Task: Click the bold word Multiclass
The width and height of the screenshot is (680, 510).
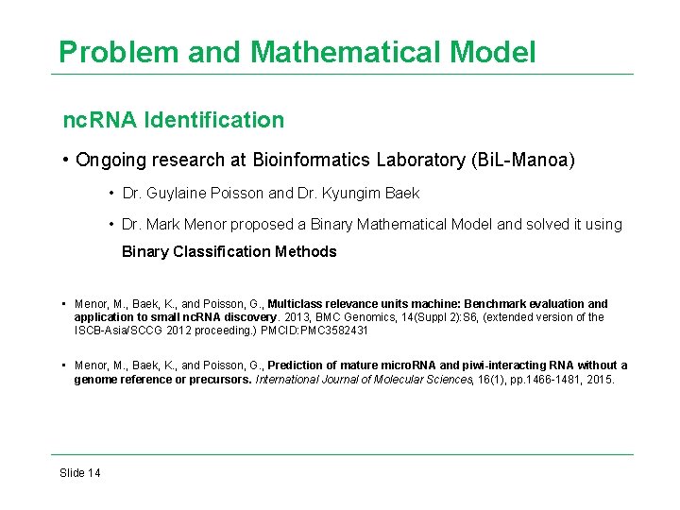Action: [299, 304]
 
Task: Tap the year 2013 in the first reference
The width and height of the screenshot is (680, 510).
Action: [273, 317]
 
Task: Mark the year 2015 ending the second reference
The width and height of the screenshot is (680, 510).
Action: [600, 380]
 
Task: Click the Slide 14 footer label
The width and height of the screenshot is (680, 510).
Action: [80, 472]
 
